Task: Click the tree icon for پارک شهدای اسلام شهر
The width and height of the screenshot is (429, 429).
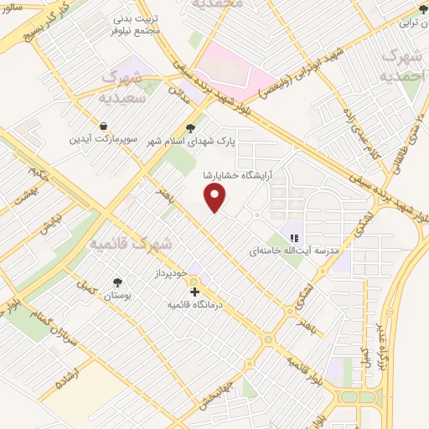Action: [192, 127]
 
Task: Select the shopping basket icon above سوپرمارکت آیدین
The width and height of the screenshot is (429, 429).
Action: [102, 126]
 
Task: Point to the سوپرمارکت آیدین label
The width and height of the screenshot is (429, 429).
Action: [101, 138]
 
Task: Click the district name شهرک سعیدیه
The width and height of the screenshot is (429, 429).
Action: [130, 86]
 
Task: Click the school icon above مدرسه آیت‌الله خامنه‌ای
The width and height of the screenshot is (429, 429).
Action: [293, 236]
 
